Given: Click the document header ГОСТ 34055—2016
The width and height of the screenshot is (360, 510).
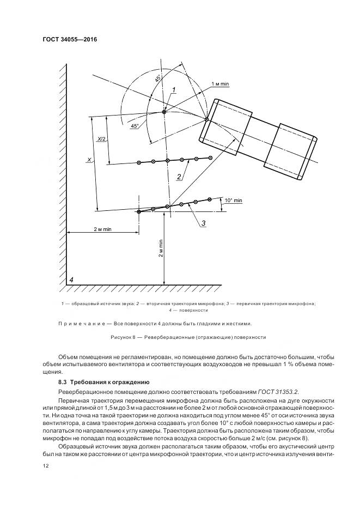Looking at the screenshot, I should click(65, 39).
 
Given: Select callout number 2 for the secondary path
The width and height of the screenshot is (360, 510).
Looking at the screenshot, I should click(178, 176).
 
